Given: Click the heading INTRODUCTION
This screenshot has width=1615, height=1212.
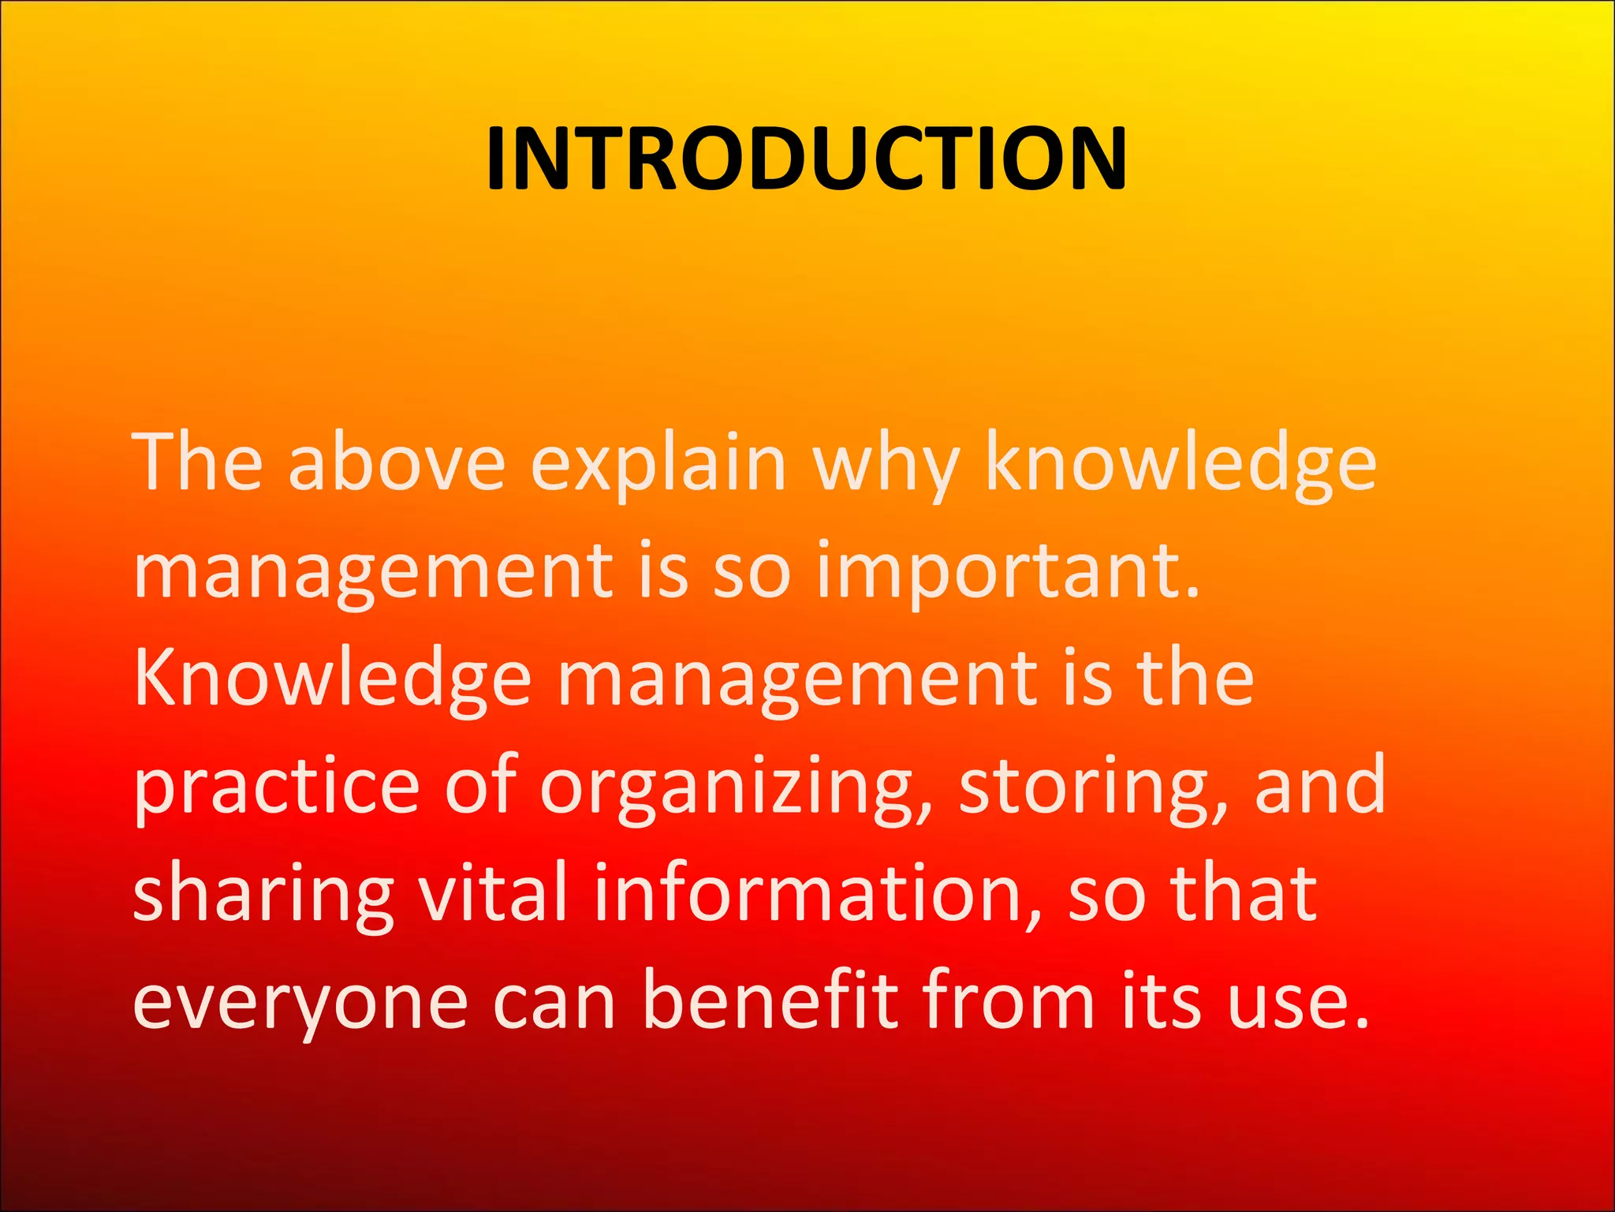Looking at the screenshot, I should coord(806,160).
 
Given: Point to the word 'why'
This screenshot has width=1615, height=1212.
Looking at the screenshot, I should coord(886,466).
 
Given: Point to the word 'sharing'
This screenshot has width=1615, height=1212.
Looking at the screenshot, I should coord(263,896).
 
